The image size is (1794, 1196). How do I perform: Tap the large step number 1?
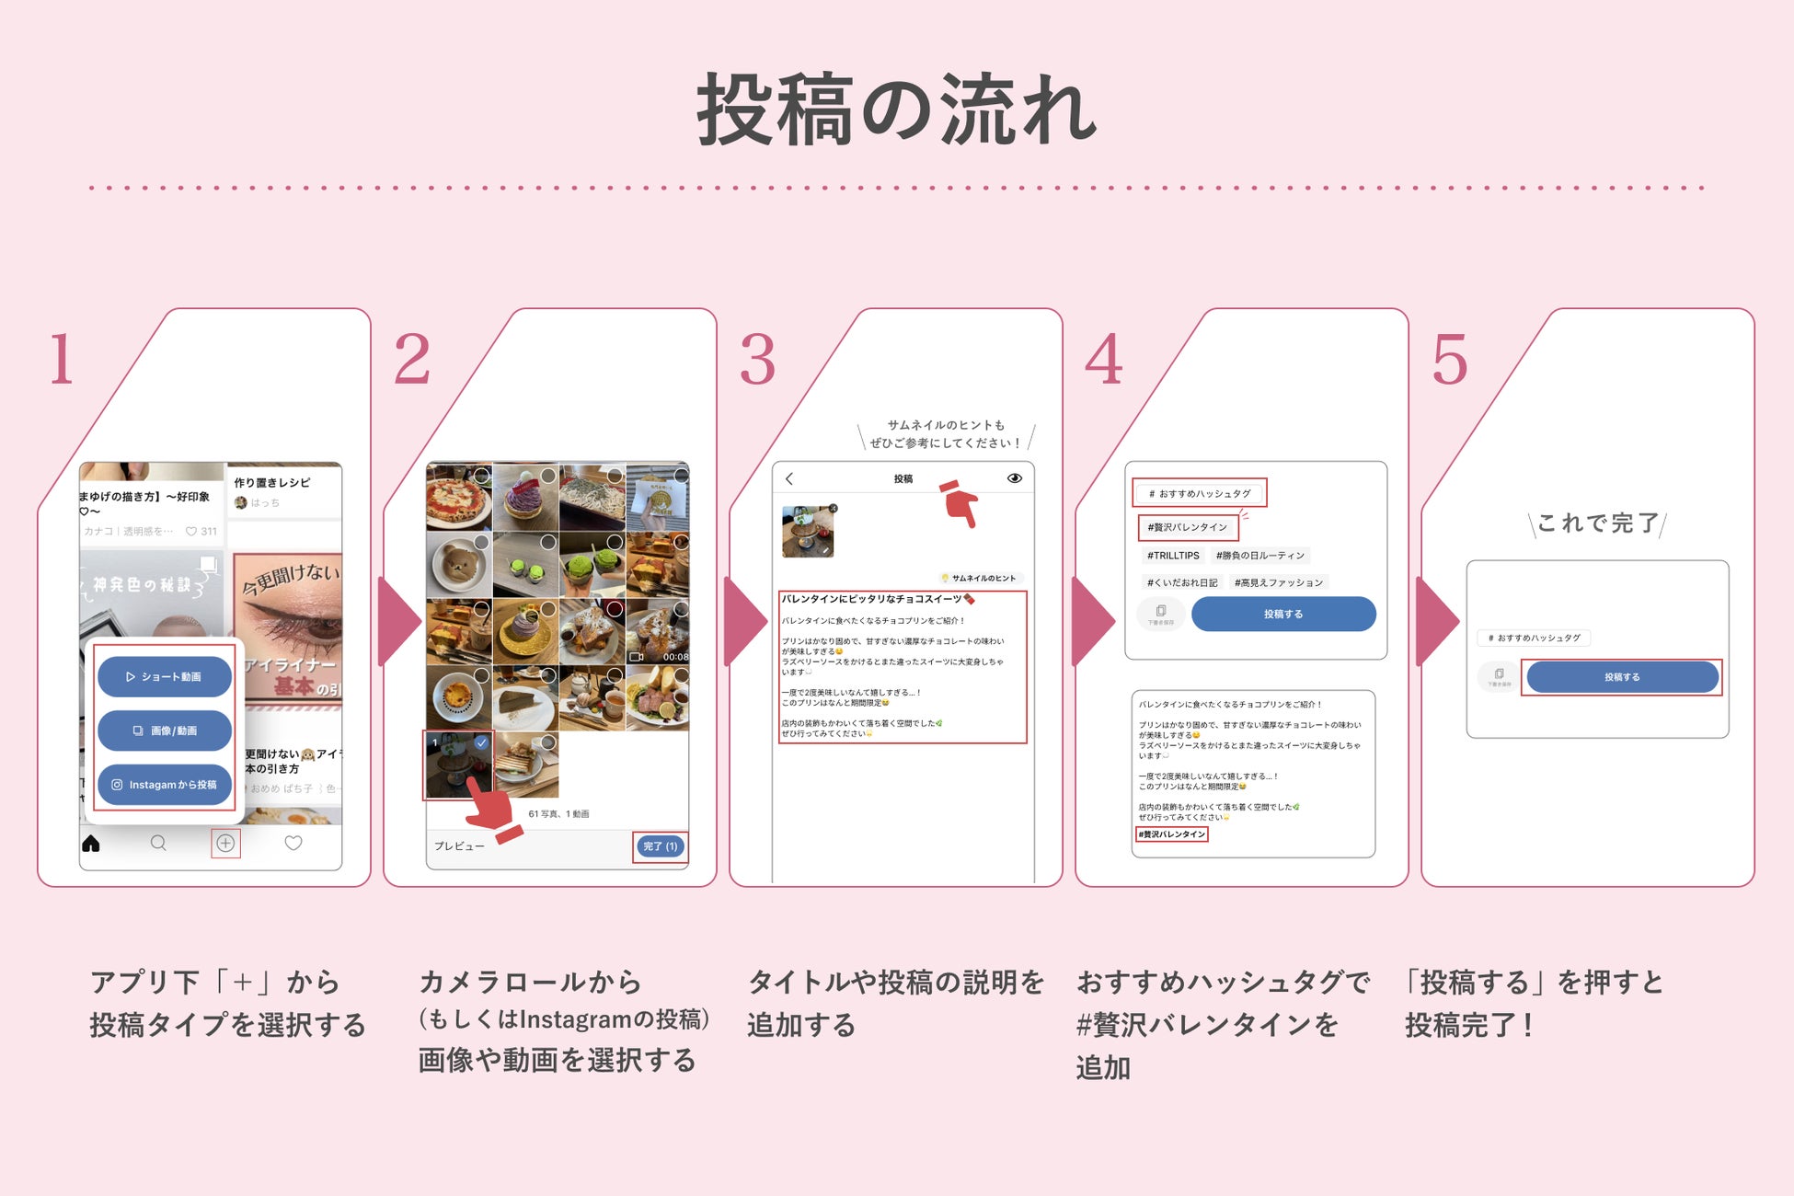point(62,359)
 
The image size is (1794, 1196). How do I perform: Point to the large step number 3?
point(758,359)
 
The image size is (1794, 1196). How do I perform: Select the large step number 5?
point(1450,359)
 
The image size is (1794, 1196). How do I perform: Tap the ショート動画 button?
point(165,677)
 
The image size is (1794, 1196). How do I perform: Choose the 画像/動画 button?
point(165,730)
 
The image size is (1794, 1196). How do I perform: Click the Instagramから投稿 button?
point(165,785)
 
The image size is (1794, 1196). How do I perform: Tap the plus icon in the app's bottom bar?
point(225,843)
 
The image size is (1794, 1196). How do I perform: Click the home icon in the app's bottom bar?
point(91,843)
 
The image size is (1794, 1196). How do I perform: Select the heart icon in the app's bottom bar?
point(293,843)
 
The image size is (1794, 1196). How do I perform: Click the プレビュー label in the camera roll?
point(459,846)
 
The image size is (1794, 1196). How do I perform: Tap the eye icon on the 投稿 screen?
point(1015,478)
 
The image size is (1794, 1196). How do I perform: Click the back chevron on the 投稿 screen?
point(789,478)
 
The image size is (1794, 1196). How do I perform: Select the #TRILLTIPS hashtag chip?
point(1173,556)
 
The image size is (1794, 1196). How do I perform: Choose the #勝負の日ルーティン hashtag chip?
point(1259,556)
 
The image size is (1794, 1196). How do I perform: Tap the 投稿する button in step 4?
point(1283,614)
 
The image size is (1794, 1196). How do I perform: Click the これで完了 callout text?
point(1597,523)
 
